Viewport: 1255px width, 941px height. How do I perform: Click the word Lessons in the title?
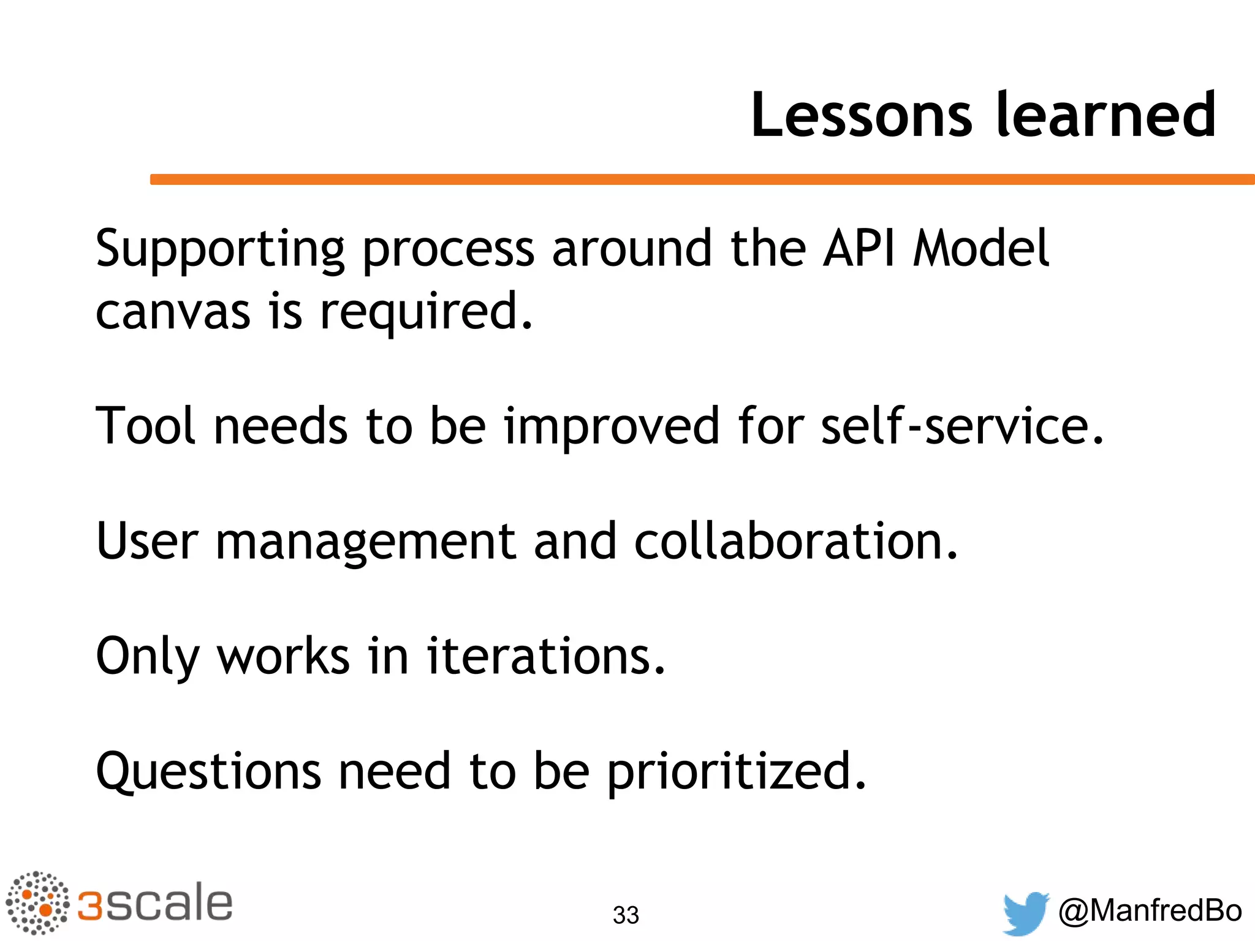click(x=862, y=115)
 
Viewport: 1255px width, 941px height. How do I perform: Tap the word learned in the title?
click(x=1105, y=115)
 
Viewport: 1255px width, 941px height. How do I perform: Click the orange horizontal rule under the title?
click(x=702, y=179)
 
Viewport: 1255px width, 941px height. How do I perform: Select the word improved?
click(x=612, y=428)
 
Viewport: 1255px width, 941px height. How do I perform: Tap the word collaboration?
click(x=795, y=541)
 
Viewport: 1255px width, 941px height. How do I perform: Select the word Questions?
click(x=208, y=772)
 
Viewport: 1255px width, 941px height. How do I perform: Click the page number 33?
click(x=626, y=915)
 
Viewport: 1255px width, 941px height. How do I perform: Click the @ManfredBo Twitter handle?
click(x=1150, y=911)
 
